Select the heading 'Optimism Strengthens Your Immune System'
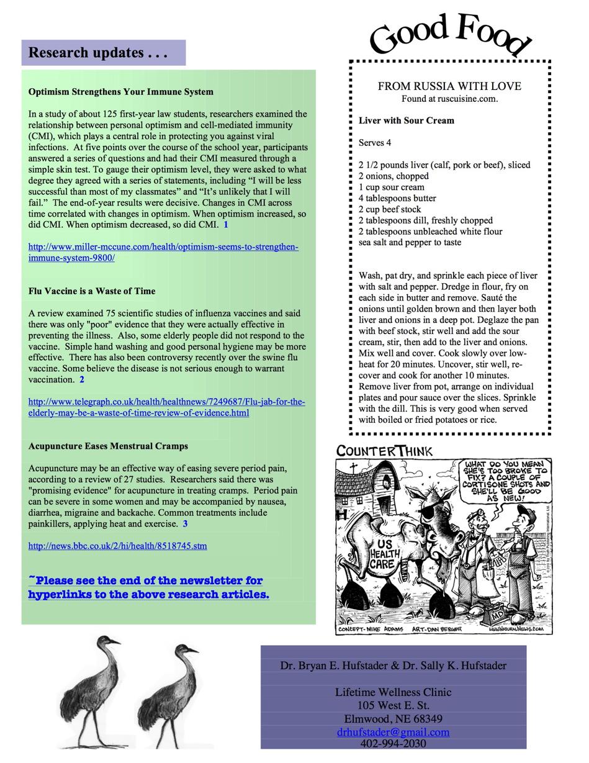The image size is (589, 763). click(x=120, y=92)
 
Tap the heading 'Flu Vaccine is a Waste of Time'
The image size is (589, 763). click(x=92, y=291)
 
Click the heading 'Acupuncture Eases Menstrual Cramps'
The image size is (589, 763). click(x=108, y=446)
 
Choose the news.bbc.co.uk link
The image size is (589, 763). click(x=117, y=546)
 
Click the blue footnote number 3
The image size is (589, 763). click(x=185, y=524)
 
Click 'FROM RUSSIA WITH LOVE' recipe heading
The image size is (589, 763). click(x=449, y=86)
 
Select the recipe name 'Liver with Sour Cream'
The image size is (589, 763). click(x=406, y=120)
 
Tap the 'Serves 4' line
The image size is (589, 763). click(x=375, y=143)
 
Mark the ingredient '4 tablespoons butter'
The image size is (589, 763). click(x=397, y=199)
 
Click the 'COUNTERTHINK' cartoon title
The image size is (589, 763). click(x=384, y=451)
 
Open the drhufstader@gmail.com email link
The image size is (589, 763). click(x=393, y=732)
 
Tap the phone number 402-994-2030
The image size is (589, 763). click(x=393, y=744)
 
